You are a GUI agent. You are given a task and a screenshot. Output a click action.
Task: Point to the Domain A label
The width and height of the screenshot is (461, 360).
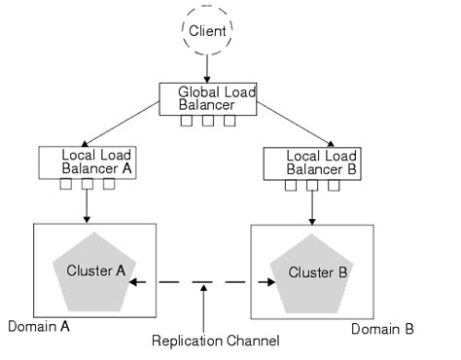pyautogui.click(x=38, y=327)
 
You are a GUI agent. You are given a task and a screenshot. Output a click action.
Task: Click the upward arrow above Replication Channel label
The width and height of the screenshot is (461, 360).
pyautogui.click(x=201, y=306)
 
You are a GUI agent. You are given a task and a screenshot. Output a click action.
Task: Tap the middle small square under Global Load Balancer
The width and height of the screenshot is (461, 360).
pyautogui.click(x=208, y=122)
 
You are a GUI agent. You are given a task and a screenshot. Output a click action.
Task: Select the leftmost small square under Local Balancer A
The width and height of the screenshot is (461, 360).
pyautogui.click(x=65, y=184)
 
